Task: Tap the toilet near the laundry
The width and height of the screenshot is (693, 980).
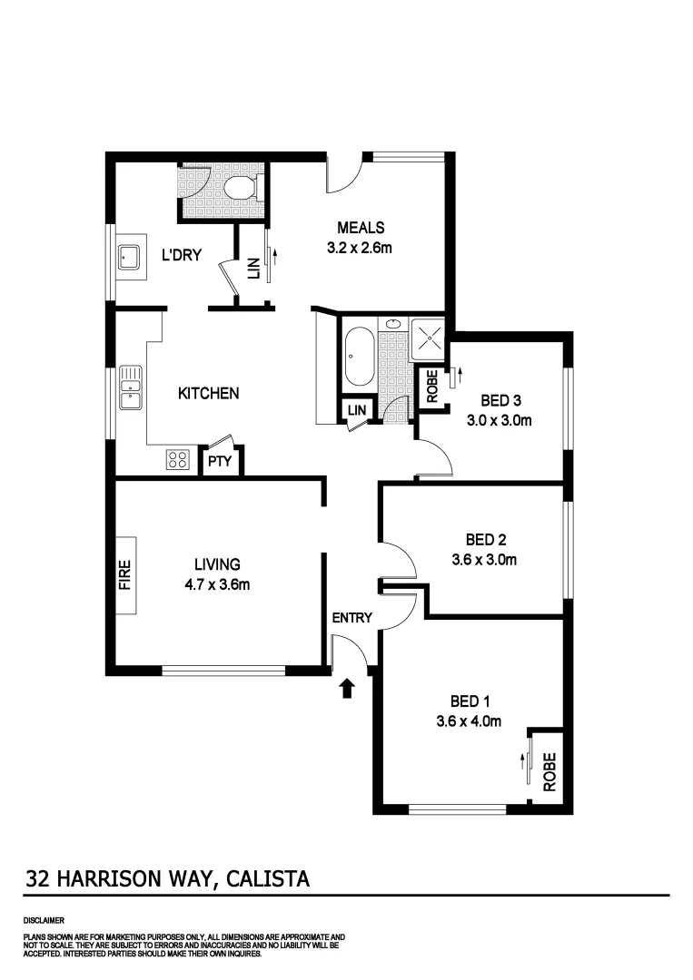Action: pyautogui.click(x=242, y=189)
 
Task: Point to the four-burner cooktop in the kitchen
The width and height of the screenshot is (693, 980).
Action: pyautogui.click(x=177, y=460)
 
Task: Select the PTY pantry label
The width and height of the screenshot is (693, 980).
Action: pyautogui.click(x=221, y=461)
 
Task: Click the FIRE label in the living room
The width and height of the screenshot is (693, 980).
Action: pyautogui.click(x=125, y=574)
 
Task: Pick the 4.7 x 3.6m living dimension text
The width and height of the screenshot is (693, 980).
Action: pyautogui.click(x=216, y=584)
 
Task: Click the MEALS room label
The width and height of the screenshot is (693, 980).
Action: pyautogui.click(x=361, y=228)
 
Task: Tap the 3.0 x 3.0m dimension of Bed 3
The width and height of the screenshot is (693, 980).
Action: pyautogui.click(x=498, y=420)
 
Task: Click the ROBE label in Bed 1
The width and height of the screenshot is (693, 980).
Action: pyautogui.click(x=549, y=773)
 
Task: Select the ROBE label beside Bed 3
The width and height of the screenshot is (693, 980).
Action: pyautogui.click(x=432, y=387)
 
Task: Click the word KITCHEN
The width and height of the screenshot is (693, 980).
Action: pyautogui.click(x=208, y=393)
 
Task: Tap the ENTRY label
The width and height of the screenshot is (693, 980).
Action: pyautogui.click(x=351, y=618)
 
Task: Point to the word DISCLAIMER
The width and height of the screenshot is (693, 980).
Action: pyautogui.click(x=44, y=919)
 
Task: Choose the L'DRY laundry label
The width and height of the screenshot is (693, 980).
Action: pyautogui.click(x=181, y=255)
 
